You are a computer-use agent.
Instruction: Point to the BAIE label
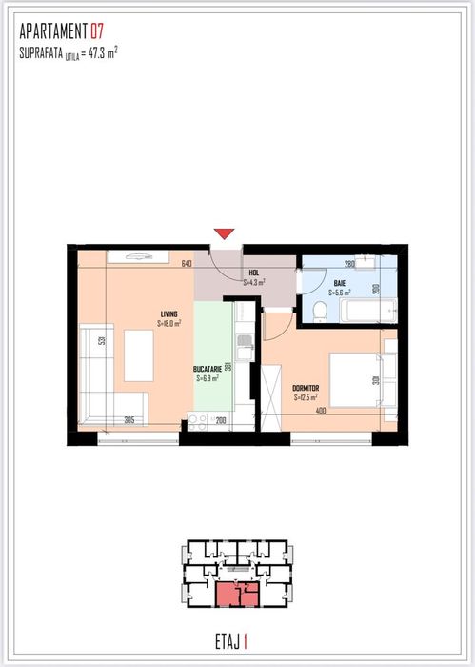click(340, 283)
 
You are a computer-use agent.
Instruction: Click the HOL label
click(253, 273)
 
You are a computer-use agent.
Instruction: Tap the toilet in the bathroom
click(321, 312)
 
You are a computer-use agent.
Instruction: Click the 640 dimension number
click(187, 264)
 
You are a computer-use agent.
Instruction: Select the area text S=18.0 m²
click(169, 323)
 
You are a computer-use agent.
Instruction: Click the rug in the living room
click(138, 354)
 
